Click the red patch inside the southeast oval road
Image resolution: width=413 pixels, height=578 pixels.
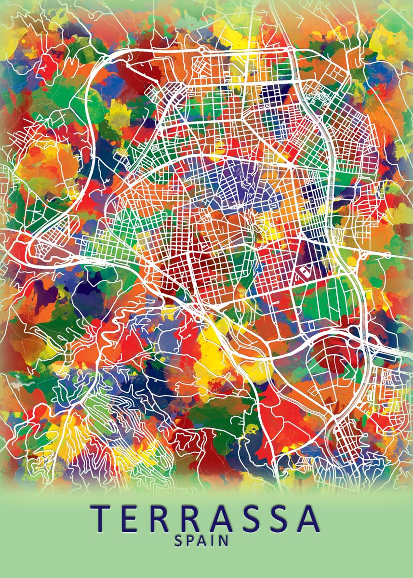coord(333,356)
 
